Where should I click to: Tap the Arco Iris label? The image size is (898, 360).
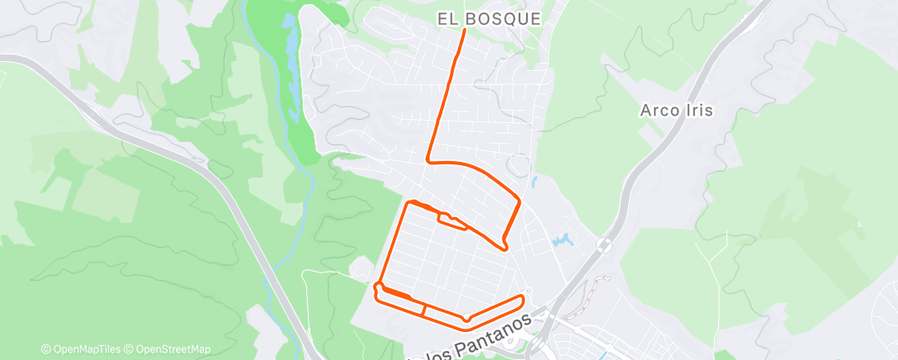pos(676,109)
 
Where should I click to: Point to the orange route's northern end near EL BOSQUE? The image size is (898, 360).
pos(464,31)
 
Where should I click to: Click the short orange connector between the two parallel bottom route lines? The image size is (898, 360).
pos(424,310)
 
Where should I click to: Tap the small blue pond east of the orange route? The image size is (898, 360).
pos(563,241)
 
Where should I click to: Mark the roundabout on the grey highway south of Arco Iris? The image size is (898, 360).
pos(604,244)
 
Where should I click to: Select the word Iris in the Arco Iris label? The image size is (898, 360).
pos(700,109)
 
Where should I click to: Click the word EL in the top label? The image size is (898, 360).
pos(448,18)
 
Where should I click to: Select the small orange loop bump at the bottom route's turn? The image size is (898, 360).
pos(467,317)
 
